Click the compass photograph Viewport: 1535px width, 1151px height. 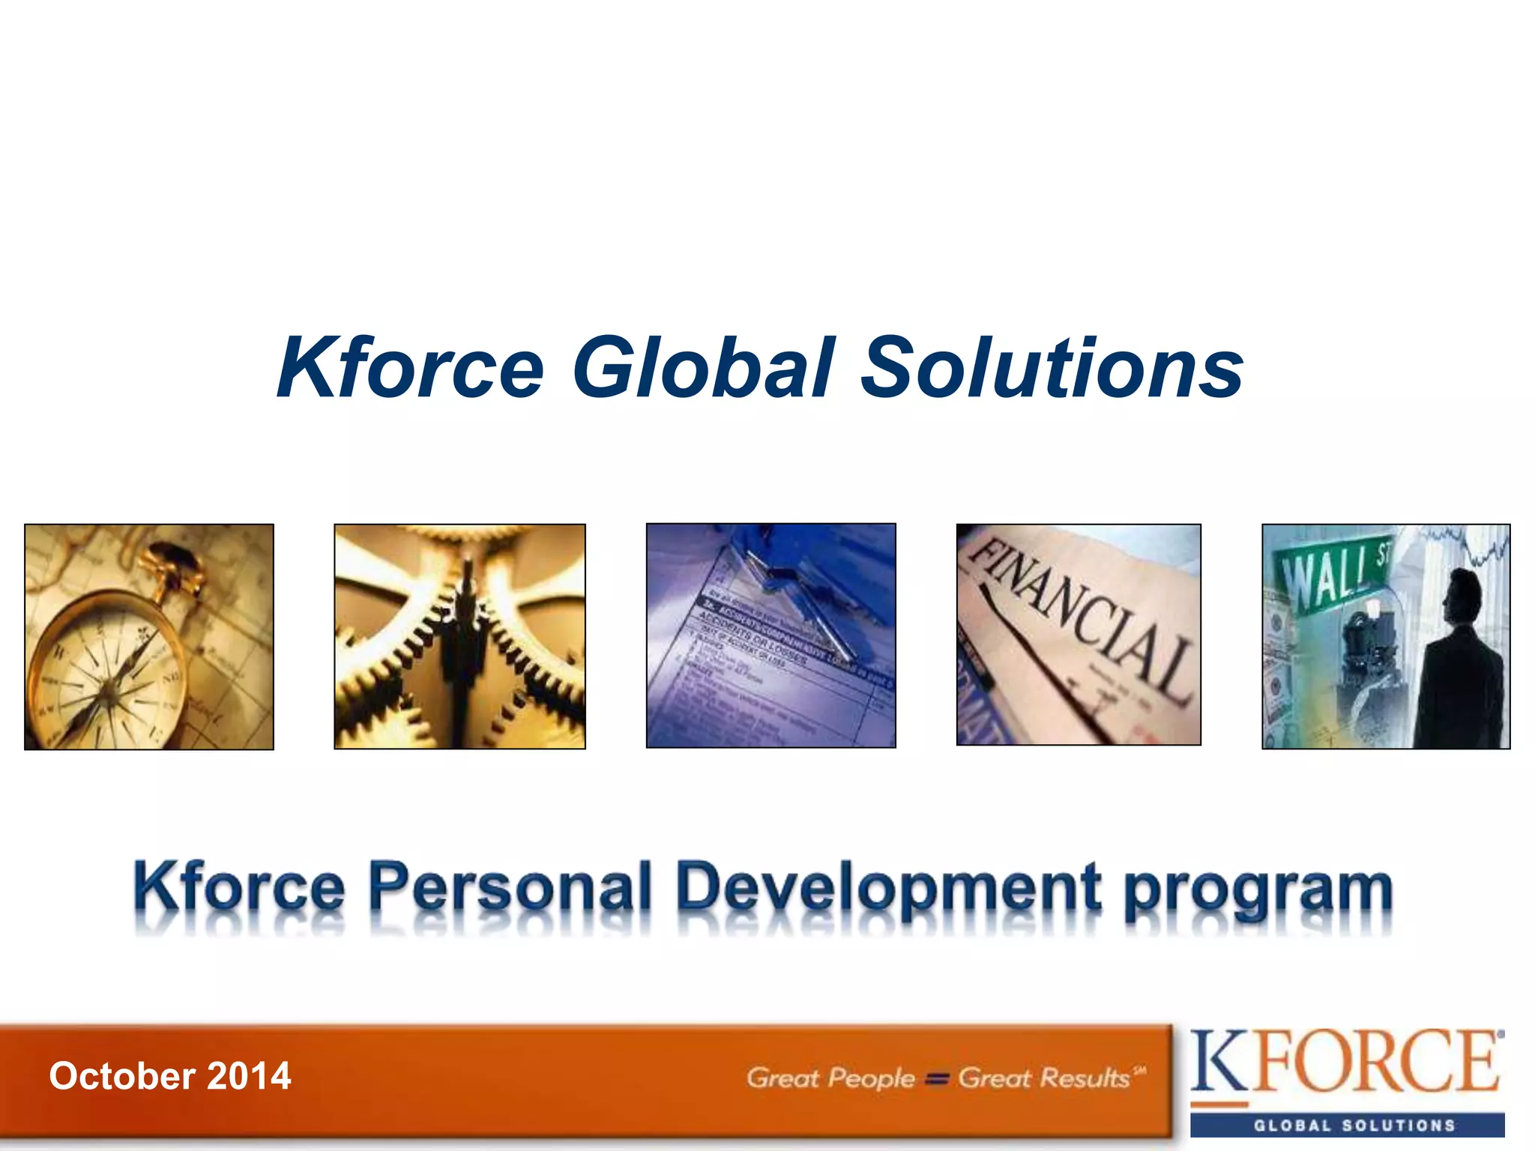click(x=149, y=637)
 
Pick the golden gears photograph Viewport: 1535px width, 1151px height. click(x=459, y=637)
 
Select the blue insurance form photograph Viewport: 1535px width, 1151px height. click(x=770, y=635)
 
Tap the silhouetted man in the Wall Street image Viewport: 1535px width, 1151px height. click(x=1462, y=659)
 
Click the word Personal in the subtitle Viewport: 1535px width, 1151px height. click(x=510, y=888)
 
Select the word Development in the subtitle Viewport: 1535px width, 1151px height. click(x=888, y=888)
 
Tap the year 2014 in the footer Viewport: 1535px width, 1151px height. click(x=249, y=1076)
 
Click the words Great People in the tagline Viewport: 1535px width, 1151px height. click(x=830, y=1078)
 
